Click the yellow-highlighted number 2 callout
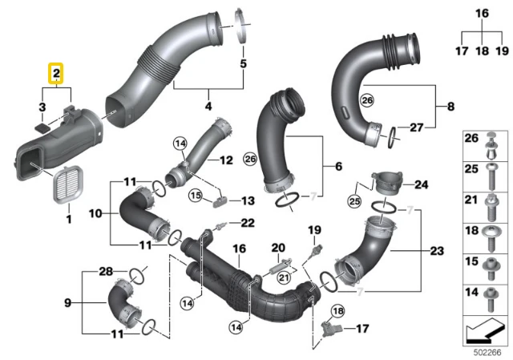(56, 74)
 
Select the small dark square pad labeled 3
(42, 128)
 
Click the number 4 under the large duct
(208, 106)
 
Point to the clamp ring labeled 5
(242, 26)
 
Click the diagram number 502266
(487, 353)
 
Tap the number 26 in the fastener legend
(471, 138)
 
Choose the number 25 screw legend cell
(486, 176)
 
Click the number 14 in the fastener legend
(471, 292)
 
